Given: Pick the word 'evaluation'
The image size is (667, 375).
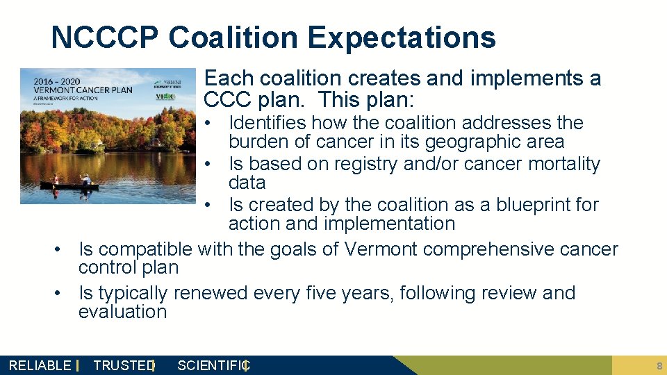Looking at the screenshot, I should pos(122,312).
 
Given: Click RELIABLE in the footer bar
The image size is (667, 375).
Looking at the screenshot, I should pos(40,365).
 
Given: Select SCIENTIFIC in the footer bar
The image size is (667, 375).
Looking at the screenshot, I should pos(212,365).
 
